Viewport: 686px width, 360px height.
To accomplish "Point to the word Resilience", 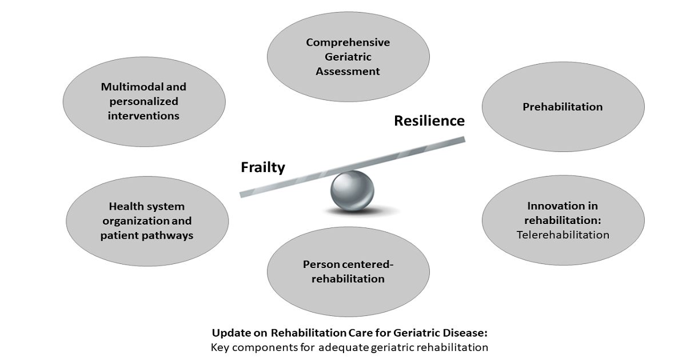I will click(429, 121).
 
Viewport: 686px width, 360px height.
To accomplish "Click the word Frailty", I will click(263, 167).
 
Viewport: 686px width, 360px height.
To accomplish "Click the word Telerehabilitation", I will click(563, 235).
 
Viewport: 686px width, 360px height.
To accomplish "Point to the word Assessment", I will click(348, 71).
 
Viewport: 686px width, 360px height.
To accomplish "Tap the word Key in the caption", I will click(219, 347).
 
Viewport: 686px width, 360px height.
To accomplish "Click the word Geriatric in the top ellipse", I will click(348, 57).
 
